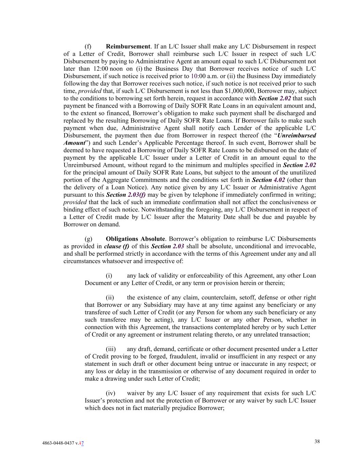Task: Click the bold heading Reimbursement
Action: click(128, 46)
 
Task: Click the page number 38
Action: click(317, 441)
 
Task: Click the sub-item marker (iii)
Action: click(111, 349)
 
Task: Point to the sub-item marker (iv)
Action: click(111, 393)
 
